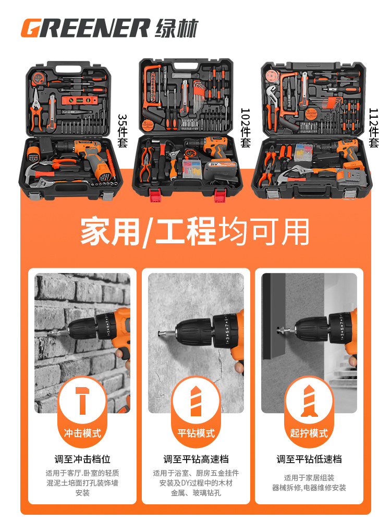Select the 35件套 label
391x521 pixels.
tap(123, 131)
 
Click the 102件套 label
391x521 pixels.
tap(246, 128)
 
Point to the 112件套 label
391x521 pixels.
tap(374, 128)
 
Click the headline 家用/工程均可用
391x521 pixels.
tap(195, 232)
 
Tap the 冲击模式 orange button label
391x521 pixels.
tap(82, 433)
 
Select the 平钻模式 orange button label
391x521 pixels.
tap(195, 433)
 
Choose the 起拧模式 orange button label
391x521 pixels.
tap(309, 433)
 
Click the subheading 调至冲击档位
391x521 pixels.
tap(82, 460)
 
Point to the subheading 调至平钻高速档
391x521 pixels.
tap(195, 460)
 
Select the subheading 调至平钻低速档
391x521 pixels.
tap(309, 460)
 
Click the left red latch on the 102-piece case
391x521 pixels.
tap(154, 196)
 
